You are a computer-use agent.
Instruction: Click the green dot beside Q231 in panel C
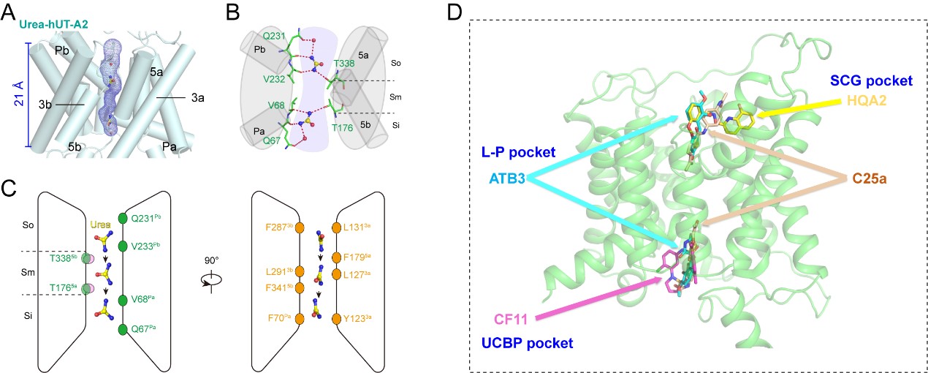pos(123,218)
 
